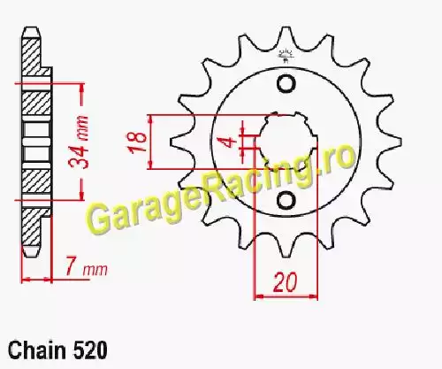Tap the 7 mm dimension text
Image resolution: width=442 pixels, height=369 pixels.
[x=86, y=267]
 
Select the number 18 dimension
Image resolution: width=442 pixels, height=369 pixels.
[x=137, y=142]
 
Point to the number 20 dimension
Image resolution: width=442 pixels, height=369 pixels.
[x=286, y=282]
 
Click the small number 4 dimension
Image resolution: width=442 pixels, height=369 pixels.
[x=230, y=142]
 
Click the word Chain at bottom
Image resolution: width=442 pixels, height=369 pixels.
[x=37, y=350]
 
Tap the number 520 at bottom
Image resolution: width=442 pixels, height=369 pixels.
[x=89, y=350]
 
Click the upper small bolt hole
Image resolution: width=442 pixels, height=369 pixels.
[x=286, y=84]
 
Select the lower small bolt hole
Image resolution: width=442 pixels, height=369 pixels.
[x=286, y=200]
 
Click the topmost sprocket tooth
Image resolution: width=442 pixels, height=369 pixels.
[x=286, y=37]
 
